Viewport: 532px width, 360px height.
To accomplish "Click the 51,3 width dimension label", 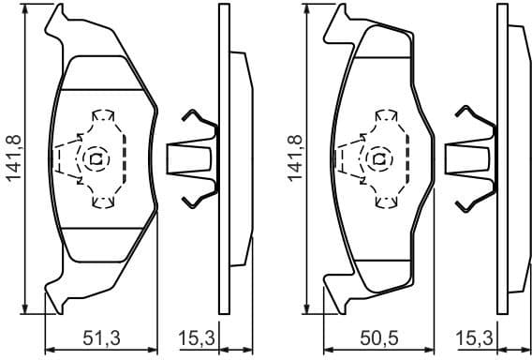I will click(101, 337).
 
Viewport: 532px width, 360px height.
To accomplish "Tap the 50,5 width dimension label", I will click(379, 337).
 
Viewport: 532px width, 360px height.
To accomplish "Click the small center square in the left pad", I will click(96, 158).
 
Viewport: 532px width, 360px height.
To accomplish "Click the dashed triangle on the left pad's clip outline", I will click(64, 158).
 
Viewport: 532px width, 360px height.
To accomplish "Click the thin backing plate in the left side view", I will click(223, 159).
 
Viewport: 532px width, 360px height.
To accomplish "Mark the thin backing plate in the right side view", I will click(502, 159).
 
